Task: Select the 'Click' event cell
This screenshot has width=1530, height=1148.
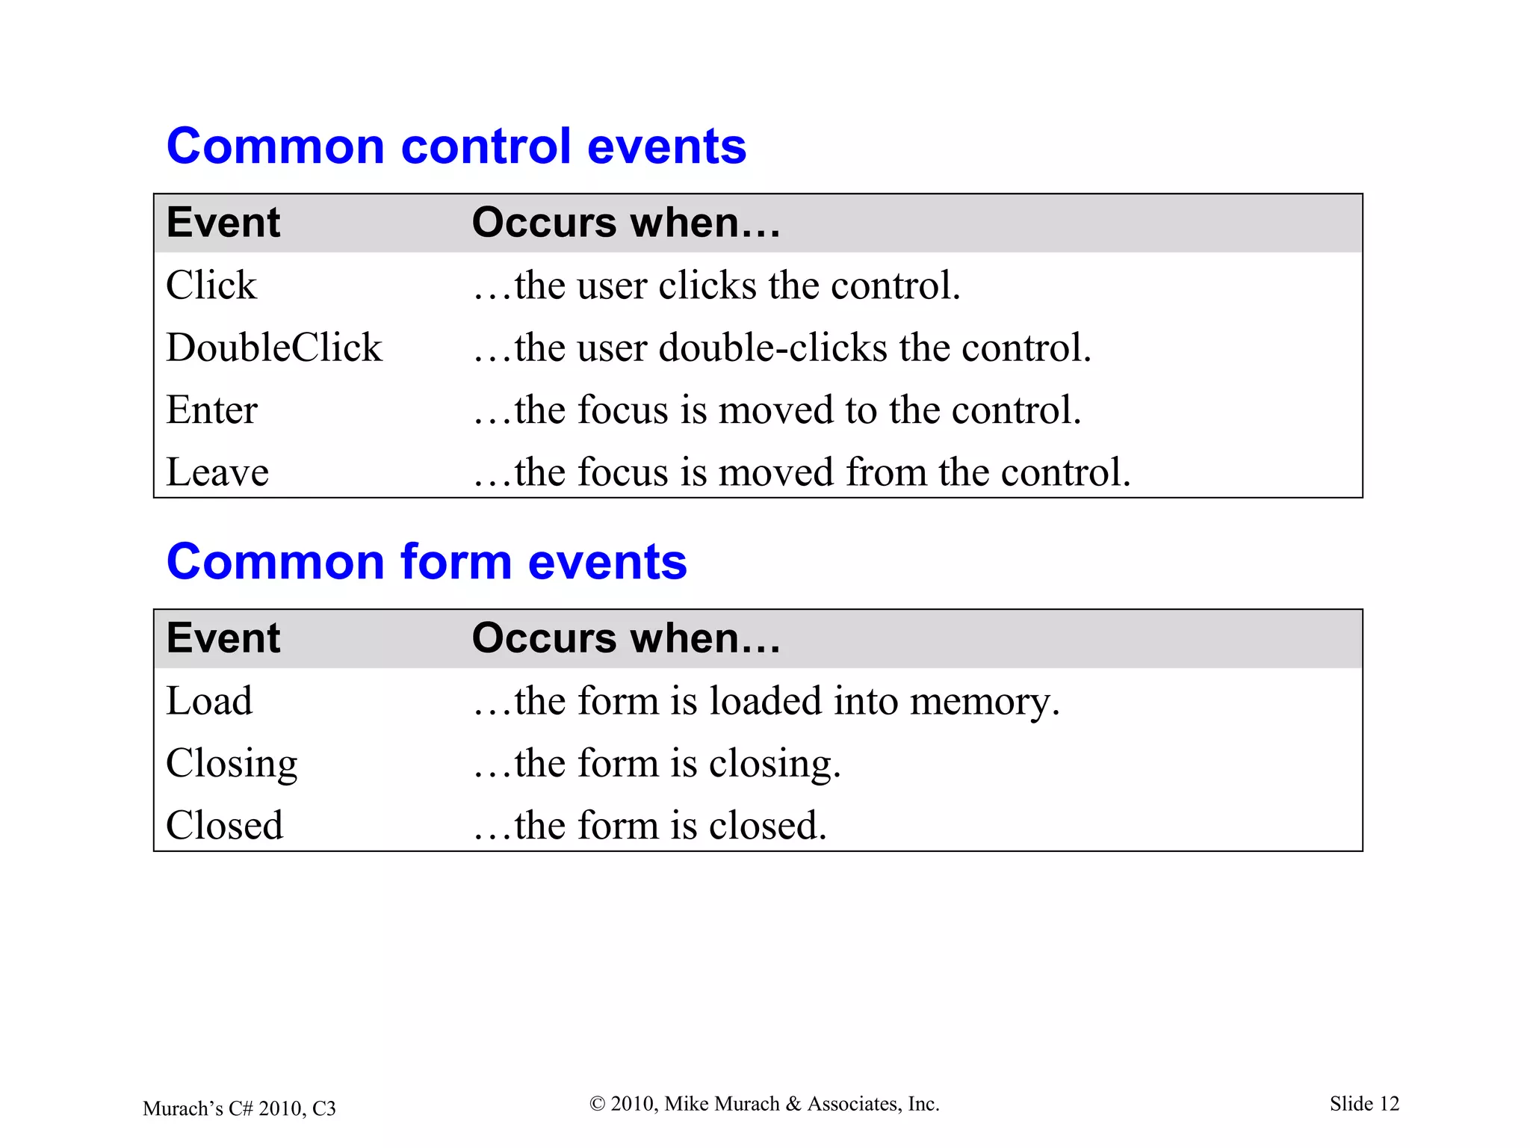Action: click(x=211, y=286)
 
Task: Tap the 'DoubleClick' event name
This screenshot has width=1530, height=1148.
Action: click(x=273, y=348)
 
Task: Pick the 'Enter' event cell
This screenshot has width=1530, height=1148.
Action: click(x=211, y=410)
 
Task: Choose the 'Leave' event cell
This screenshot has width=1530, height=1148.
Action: click(x=217, y=472)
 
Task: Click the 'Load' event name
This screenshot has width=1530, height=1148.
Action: click(x=209, y=701)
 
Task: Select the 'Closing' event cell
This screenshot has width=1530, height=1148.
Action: click(x=232, y=764)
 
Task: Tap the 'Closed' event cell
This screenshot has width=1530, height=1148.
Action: click(x=224, y=826)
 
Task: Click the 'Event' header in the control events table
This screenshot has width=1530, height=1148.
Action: click(x=223, y=223)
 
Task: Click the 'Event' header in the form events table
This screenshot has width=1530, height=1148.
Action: click(x=223, y=638)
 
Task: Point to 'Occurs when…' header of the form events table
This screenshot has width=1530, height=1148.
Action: click(x=626, y=638)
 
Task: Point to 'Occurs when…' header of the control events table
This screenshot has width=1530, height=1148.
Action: click(x=626, y=223)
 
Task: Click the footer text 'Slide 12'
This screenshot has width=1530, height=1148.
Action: click(x=1364, y=1104)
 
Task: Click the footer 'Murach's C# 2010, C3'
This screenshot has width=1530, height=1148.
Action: click(x=239, y=1108)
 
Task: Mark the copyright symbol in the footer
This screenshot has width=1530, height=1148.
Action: click(x=597, y=1104)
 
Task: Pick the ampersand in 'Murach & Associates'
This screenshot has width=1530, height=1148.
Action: click(x=793, y=1104)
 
